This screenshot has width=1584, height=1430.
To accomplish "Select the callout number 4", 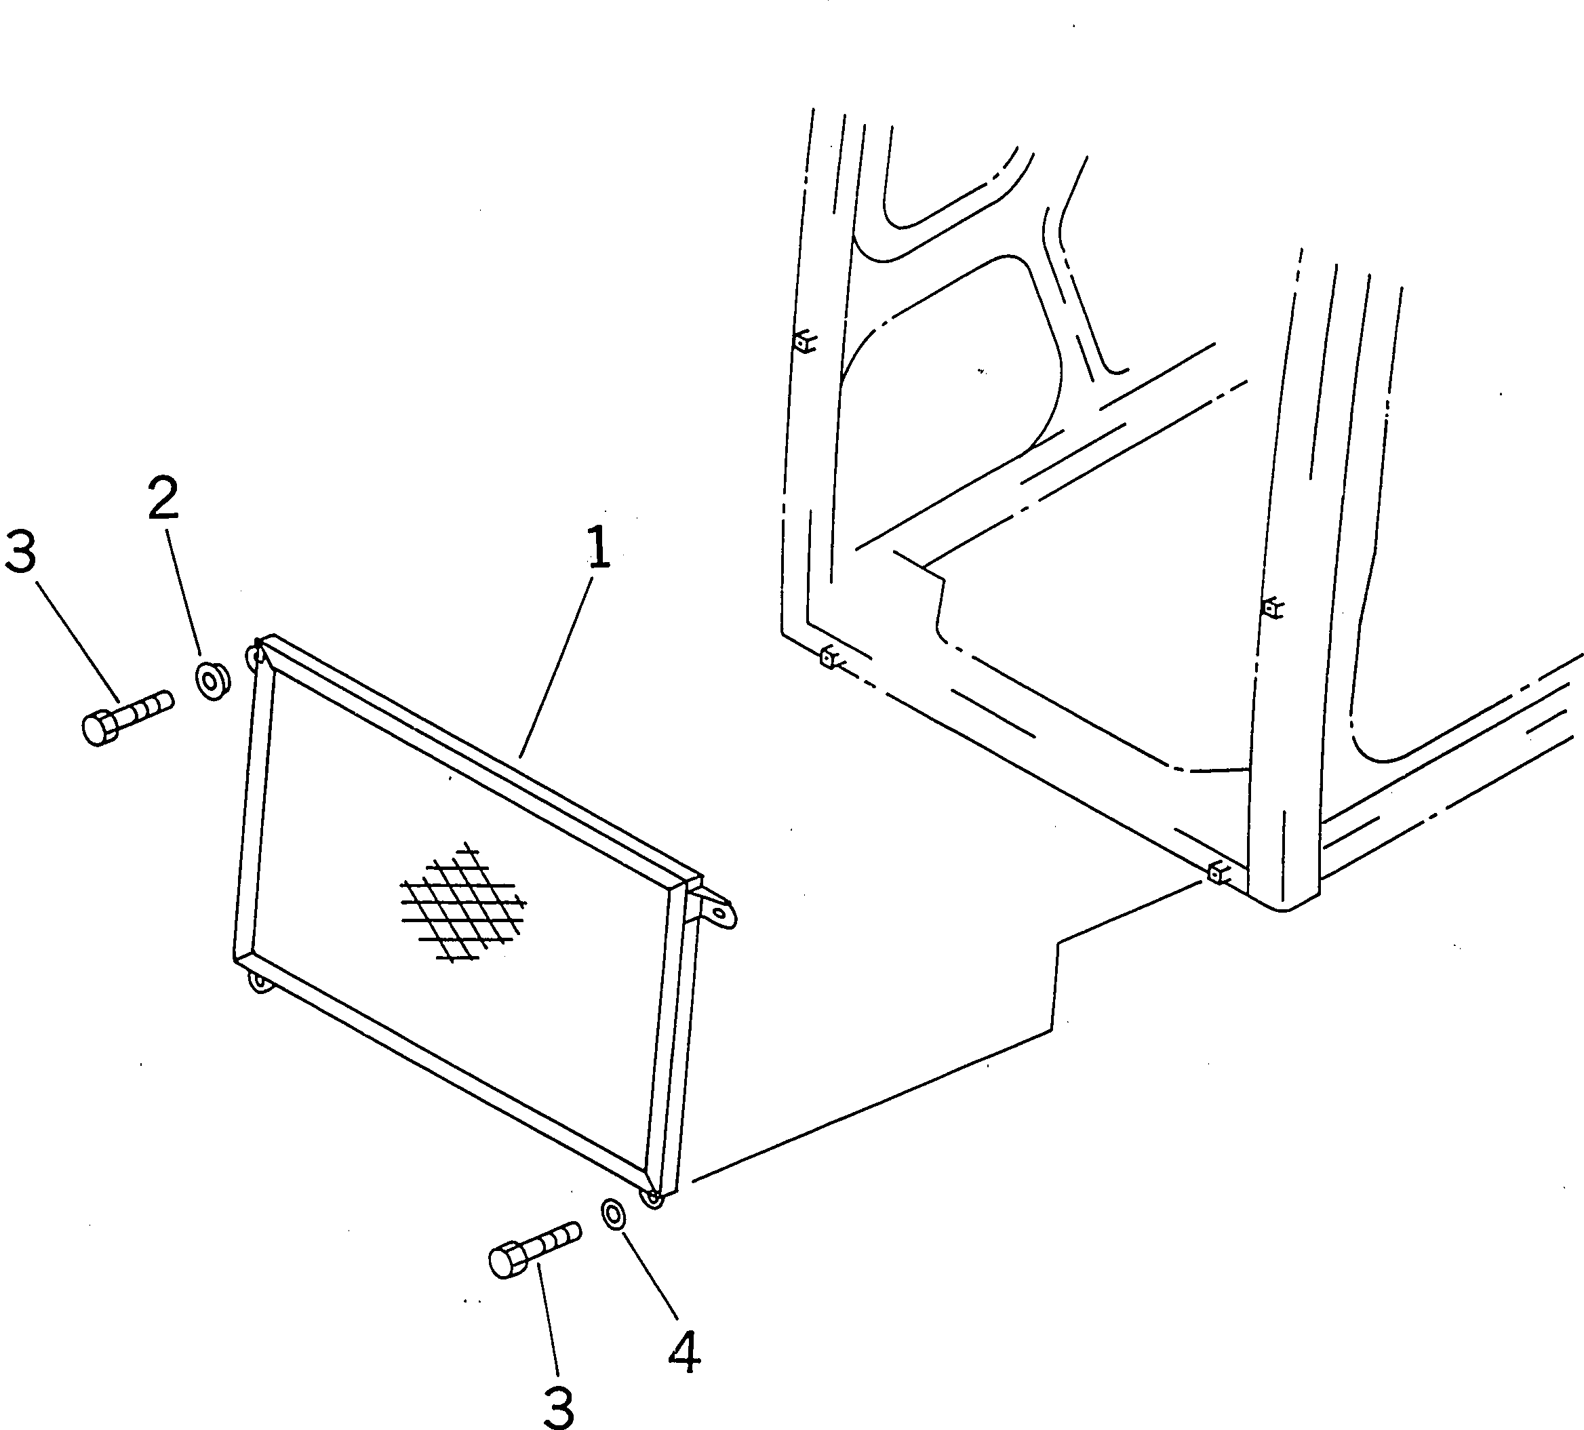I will pos(684,1351).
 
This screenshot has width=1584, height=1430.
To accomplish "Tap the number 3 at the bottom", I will pos(559,1406).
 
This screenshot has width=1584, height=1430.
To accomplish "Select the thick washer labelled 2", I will pos(212,681).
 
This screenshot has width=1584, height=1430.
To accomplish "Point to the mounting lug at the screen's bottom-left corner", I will pos(257,982).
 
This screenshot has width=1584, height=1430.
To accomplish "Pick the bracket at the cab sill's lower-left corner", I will pos(829,657).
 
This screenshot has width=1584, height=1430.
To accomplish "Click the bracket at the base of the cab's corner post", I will pos(1218,871).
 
